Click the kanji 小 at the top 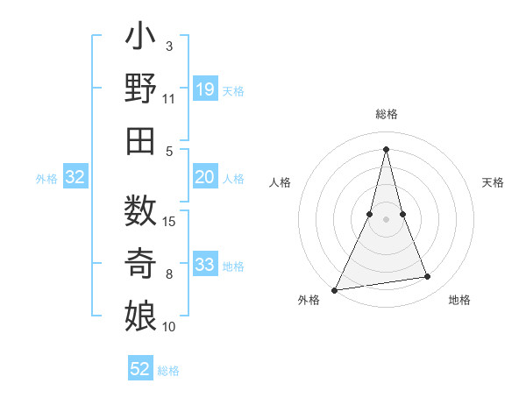pos(141,39)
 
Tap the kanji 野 pos(141,90)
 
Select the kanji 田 pos(141,140)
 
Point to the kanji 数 pos(141,211)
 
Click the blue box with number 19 pos(204,89)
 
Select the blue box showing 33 pos(204,265)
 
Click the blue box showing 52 pos(140,369)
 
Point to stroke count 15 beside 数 pos(170,221)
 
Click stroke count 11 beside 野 pos(169,100)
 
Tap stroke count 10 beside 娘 pos(169,327)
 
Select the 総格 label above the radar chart pos(386,114)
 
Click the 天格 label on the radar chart pos(494,182)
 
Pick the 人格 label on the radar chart pos(281,182)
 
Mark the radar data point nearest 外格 pos(335,289)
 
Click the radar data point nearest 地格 pos(428,277)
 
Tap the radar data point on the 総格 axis pos(386,147)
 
